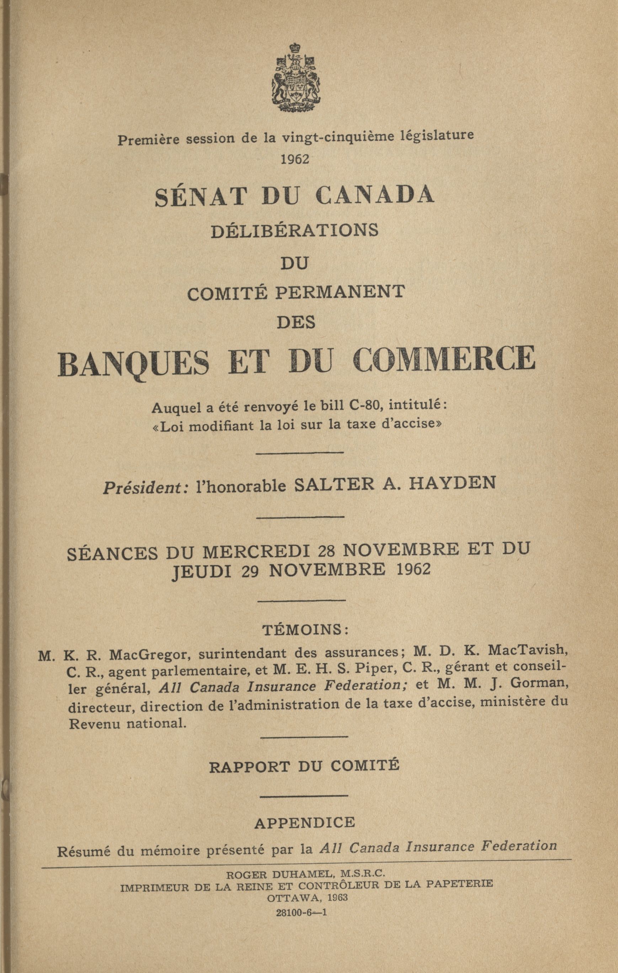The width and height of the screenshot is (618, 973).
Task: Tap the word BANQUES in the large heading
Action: pos(134,360)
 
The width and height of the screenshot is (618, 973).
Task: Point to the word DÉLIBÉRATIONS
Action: pos(295,231)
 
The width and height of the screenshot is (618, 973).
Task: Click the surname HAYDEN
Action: pos(452,484)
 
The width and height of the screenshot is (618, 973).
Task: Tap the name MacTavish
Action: pos(525,649)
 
